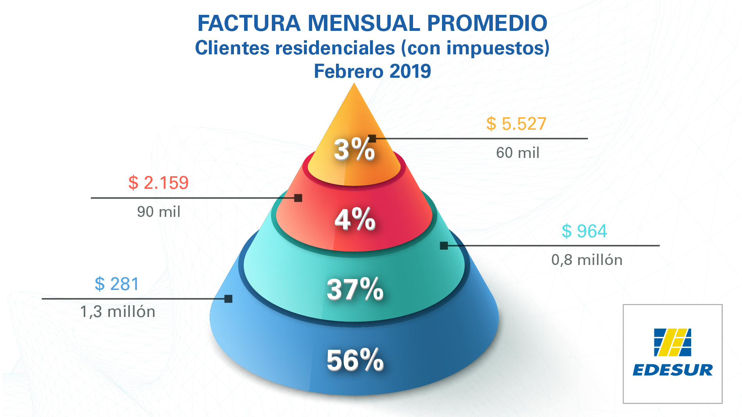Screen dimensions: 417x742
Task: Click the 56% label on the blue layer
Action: [355, 360]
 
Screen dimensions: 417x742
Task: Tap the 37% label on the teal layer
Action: [355, 289]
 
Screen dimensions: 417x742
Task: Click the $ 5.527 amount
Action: [516, 124]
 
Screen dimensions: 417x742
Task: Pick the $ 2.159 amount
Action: [158, 183]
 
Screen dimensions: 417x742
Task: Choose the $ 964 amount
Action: [584, 231]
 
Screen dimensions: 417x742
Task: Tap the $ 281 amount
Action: [117, 284]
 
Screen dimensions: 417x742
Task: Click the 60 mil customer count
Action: [517, 153]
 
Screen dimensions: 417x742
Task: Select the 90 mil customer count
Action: [158, 212]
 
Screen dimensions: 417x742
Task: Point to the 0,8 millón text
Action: [587, 260]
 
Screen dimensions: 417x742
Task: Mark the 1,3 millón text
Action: [118, 312]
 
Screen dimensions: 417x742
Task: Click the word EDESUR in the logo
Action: [672, 370]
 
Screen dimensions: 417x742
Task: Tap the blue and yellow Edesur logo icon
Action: [672, 342]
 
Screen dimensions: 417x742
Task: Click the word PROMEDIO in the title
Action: [487, 23]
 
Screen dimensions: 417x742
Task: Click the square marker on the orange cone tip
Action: [372, 138]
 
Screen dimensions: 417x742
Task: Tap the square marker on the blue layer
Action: [228, 299]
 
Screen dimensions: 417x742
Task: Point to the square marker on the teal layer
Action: [444, 246]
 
